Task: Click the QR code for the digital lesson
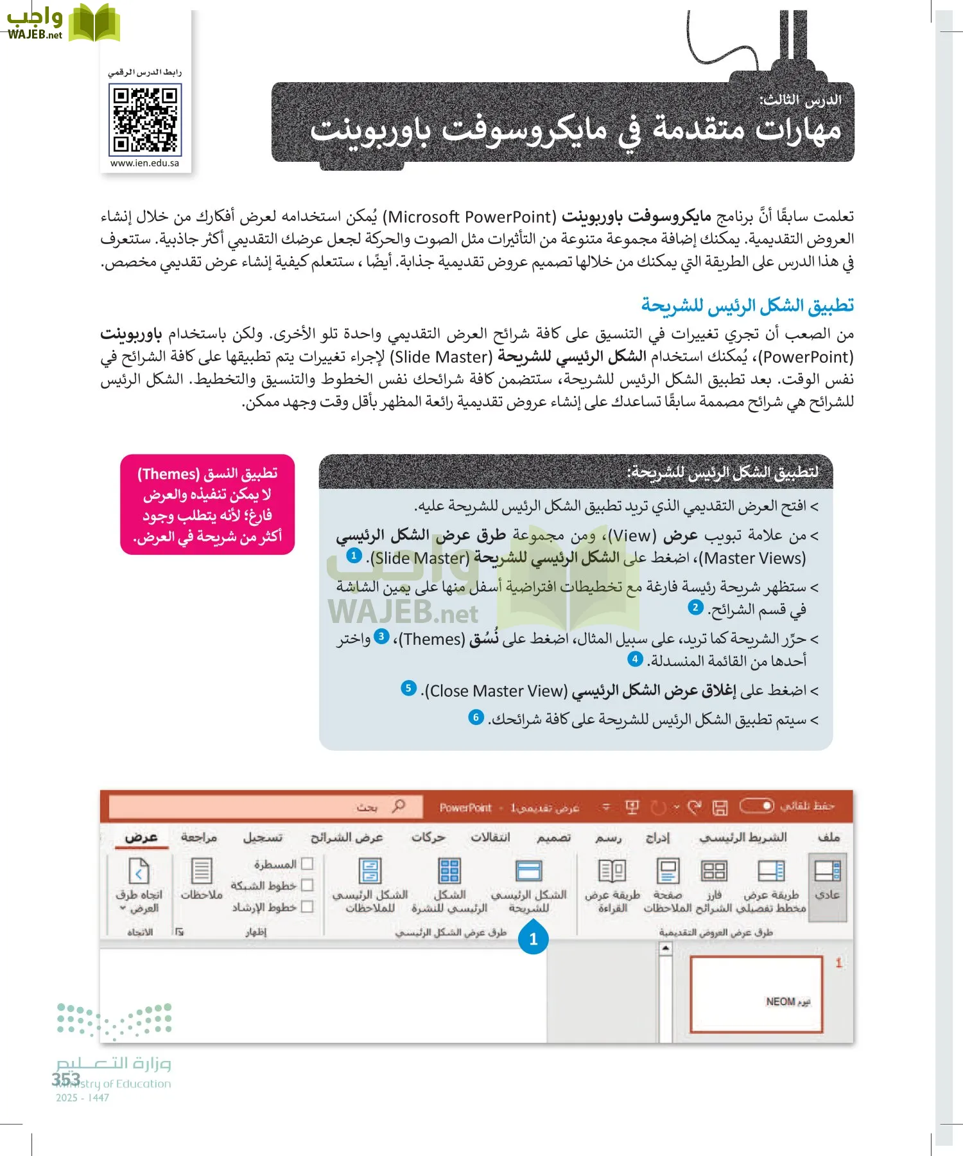tap(145, 120)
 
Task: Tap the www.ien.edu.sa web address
tap(144, 163)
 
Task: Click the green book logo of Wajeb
tap(94, 24)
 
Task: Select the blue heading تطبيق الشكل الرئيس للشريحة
tap(747, 306)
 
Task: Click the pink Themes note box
tap(207, 504)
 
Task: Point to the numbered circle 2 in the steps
tap(695, 607)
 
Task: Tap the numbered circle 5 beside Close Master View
tap(408, 688)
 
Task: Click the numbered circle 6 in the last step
tap(476, 717)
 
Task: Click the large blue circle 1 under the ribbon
tap(533, 939)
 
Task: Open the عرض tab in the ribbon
tap(141, 837)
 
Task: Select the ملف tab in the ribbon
tap(829, 837)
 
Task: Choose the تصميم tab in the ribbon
tap(553, 837)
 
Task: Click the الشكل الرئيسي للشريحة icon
tap(529, 872)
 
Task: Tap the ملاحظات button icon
tap(202, 872)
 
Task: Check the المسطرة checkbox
tap(307, 864)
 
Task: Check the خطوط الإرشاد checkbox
tap(307, 907)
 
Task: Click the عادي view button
tap(828, 872)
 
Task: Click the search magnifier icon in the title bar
tap(399, 806)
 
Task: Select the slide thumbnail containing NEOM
tap(756, 994)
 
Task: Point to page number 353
tap(66, 1079)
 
